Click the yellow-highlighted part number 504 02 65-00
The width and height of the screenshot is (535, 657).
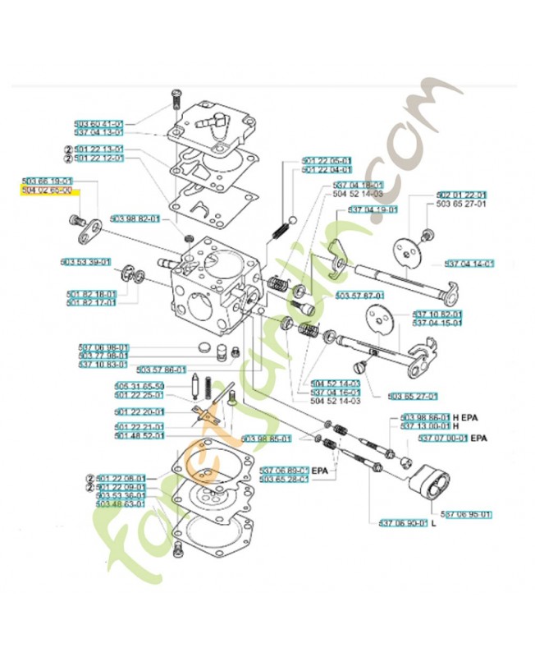click(47, 190)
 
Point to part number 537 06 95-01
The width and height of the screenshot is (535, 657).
click(467, 514)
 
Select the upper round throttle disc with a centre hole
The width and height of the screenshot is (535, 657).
click(404, 250)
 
